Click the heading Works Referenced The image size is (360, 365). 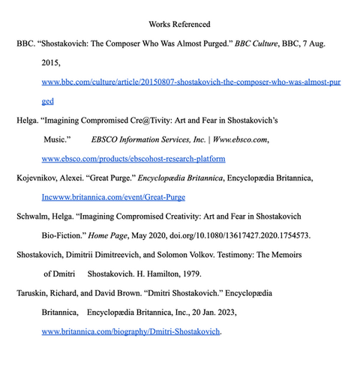[179, 25]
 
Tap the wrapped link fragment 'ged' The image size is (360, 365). [47, 100]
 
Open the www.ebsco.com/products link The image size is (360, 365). [133, 159]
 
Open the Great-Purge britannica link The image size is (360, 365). [113, 197]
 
